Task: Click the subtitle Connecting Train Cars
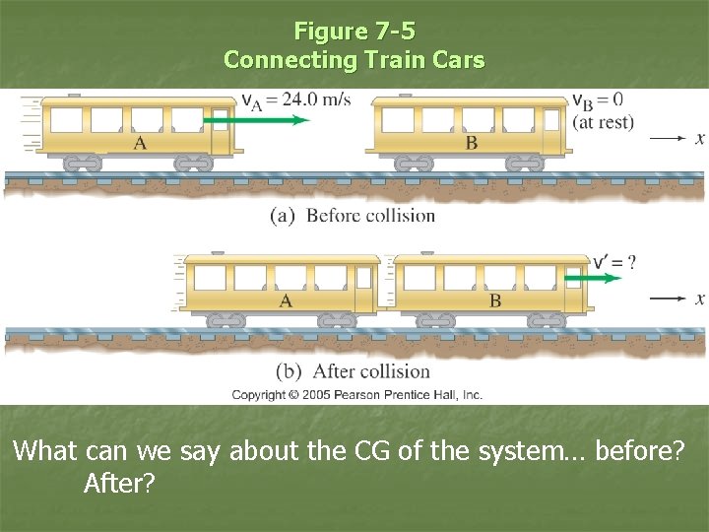click(354, 59)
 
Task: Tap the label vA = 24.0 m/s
click(295, 100)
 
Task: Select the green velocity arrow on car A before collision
click(259, 120)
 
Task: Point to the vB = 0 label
click(598, 100)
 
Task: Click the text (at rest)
click(603, 122)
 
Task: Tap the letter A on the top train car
click(141, 143)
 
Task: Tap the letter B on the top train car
click(472, 143)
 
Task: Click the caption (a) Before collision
click(353, 215)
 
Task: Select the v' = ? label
click(614, 262)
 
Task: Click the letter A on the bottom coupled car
click(286, 300)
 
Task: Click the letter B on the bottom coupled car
click(495, 300)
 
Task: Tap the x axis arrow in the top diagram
click(669, 139)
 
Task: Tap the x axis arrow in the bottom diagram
click(669, 299)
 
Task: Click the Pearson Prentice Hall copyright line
click(356, 394)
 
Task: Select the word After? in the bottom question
click(120, 485)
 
